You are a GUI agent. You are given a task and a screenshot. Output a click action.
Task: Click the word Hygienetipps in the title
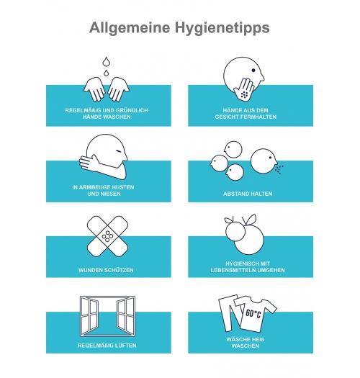pyautogui.click(x=222, y=28)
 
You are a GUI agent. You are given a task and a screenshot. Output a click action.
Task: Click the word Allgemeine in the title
pyautogui.click(x=130, y=27)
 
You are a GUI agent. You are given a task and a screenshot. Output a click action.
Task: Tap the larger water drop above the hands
pyautogui.click(x=106, y=61)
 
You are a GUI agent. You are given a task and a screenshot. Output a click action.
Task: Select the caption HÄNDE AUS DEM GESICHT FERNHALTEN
pyautogui.click(x=246, y=114)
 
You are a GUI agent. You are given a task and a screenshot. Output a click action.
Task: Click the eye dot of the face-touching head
pyautogui.click(x=253, y=71)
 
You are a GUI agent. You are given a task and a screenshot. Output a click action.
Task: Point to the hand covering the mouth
pyautogui.click(x=245, y=90)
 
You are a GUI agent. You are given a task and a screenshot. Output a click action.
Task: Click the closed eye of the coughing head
pyautogui.click(x=118, y=151)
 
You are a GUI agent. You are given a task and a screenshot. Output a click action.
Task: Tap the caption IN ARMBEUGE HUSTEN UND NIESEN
pyautogui.click(x=103, y=191)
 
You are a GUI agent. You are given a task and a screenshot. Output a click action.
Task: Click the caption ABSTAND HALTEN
pyautogui.click(x=248, y=194)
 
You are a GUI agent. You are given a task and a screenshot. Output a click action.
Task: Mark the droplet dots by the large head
pyautogui.click(x=279, y=169)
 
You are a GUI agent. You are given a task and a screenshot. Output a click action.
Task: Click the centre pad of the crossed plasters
pyautogui.click(x=107, y=236)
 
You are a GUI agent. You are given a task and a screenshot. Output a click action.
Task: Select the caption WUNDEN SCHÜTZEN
pyautogui.click(x=106, y=270)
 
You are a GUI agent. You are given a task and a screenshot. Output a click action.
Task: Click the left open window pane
pyautogui.click(x=89, y=315)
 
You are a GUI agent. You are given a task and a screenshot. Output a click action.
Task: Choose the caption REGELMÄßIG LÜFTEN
pyautogui.click(x=107, y=346)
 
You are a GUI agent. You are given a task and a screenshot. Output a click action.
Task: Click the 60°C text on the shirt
pyautogui.click(x=253, y=314)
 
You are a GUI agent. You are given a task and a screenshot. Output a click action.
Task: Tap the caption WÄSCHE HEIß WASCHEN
pyautogui.click(x=246, y=343)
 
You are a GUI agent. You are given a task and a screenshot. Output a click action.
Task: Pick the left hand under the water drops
pyautogui.click(x=94, y=89)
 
